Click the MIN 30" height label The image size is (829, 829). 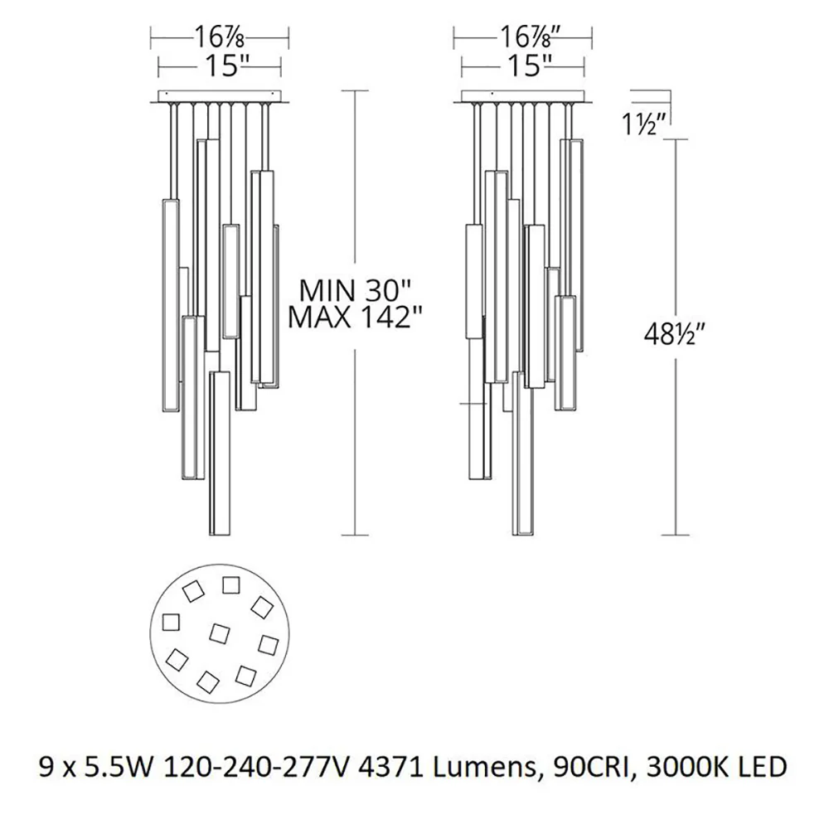tap(355, 291)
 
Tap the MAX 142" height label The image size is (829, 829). tap(356, 318)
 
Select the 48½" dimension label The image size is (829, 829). tap(675, 333)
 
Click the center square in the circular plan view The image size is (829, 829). tap(220, 633)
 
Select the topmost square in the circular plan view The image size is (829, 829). tap(230, 585)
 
